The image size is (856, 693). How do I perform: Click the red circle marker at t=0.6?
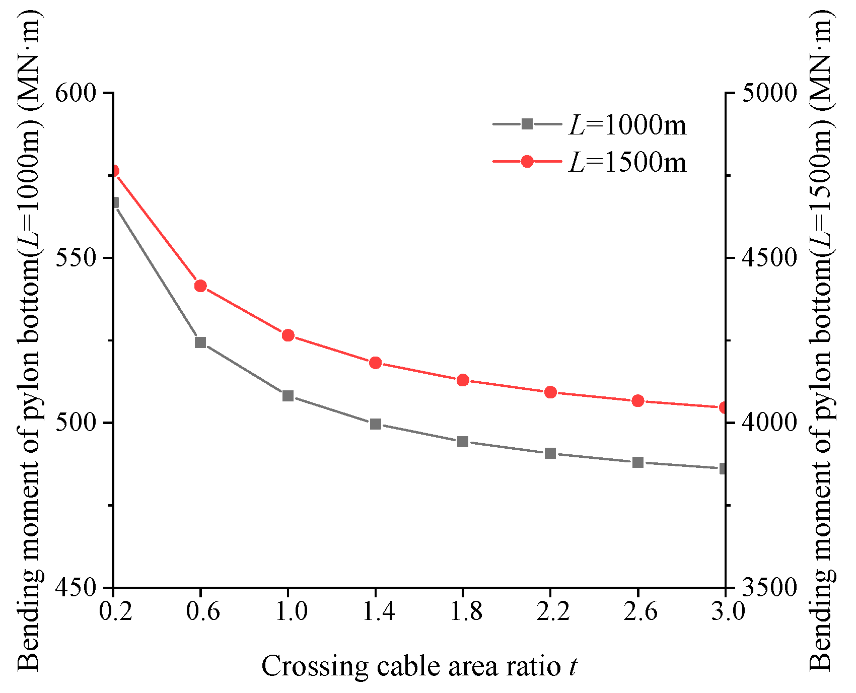pyautogui.click(x=200, y=286)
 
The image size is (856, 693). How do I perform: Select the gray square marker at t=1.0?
pyautogui.click(x=288, y=396)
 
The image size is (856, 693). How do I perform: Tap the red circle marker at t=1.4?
pyautogui.click(x=376, y=363)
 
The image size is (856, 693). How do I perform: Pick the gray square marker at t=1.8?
pyautogui.click(x=463, y=442)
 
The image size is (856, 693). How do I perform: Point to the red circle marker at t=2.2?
pyautogui.click(x=550, y=392)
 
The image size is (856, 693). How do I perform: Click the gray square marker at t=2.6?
pyautogui.click(x=638, y=462)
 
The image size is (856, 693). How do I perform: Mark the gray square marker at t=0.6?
pyautogui.click(x=200, y=342)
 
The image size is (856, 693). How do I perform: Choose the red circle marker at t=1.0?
pyautogui.click(x=288, y=335)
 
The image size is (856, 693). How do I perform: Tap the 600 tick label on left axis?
pyautogui.click(x=76, y=93)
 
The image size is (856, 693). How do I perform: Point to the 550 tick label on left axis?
pyautogui.click(x=76, y=258)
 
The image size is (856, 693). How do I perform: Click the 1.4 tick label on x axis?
pyautogui.click(x=376, y=611)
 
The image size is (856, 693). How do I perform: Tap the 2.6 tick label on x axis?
pyautogui.click(x=638, y=611)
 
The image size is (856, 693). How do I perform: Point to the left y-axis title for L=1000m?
pyautogui.click(x=29, y=337)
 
